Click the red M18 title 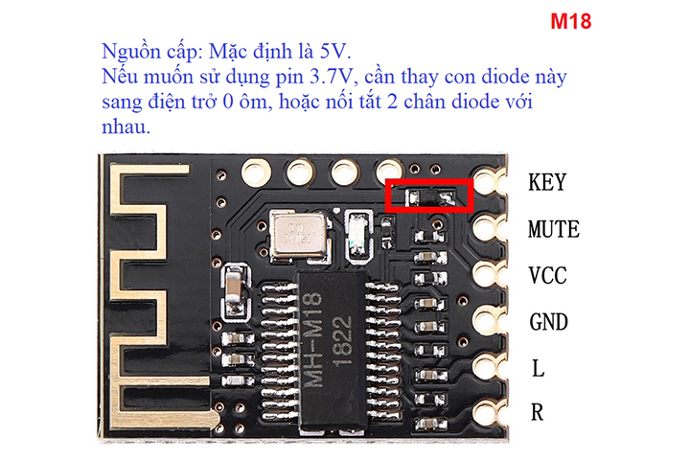click(x=571, y=22)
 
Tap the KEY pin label click(x=547, y=182)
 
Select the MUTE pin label click(x=554, y=230)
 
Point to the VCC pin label click(x=548, y=276)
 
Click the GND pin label click(x=549, y=322)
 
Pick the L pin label click(x=537, y=368)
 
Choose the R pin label click(x=538, y=413)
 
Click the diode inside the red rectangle click(x=430, y=196)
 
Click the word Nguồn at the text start click(x=128, y=52)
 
